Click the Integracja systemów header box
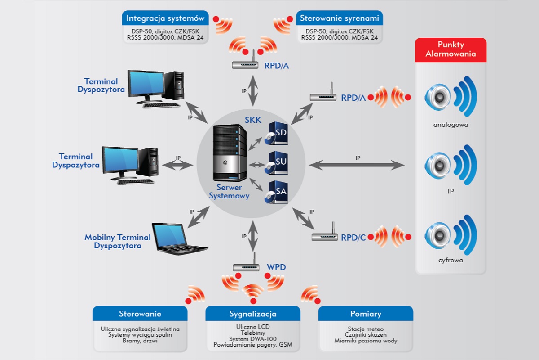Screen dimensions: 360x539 (166, 19)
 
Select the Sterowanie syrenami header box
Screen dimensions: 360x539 (340, 19)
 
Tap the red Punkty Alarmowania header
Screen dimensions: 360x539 (450, 50)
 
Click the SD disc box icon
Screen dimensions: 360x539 (276, 134)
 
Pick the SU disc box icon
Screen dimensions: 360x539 (276, 163)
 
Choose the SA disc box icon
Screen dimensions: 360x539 (276, 192)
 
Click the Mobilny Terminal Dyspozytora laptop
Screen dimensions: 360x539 (178, 237)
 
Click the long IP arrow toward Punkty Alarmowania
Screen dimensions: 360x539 (357, 165)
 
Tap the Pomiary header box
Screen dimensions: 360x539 (366, 314)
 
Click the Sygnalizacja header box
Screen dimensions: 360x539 (253, 314)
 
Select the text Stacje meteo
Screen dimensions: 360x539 (366, 329)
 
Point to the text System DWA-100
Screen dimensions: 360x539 (253, 339)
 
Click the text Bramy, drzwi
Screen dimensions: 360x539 (140, 341)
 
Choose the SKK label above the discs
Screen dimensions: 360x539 (252, 120)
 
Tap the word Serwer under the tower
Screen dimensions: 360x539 (229, 188)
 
